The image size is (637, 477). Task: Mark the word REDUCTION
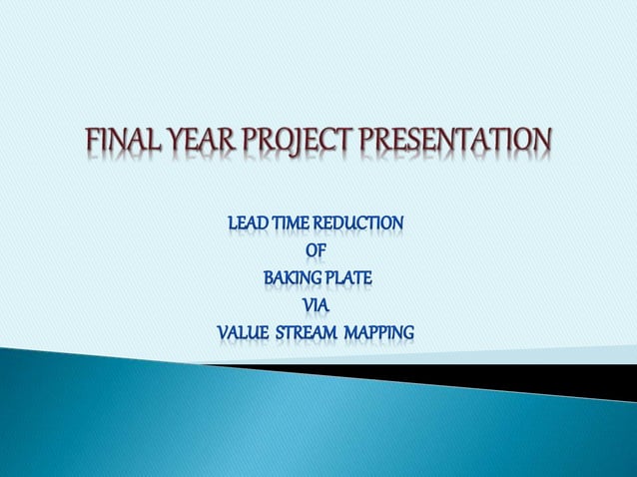pyautogui.click(x=363, y=222)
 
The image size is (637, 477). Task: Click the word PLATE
pyautogui.click(x=348, y=276)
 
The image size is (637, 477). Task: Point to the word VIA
pyautogui.click(x=316, y=304)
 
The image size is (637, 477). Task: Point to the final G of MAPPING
pyautogui.click(x=408, y=331)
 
